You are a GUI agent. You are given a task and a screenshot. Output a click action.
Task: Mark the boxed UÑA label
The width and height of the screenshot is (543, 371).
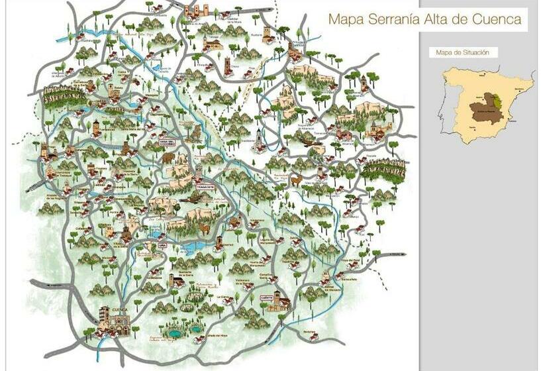coord(162,246)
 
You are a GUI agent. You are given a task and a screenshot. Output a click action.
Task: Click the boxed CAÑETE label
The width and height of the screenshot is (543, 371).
coord(267,297)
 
